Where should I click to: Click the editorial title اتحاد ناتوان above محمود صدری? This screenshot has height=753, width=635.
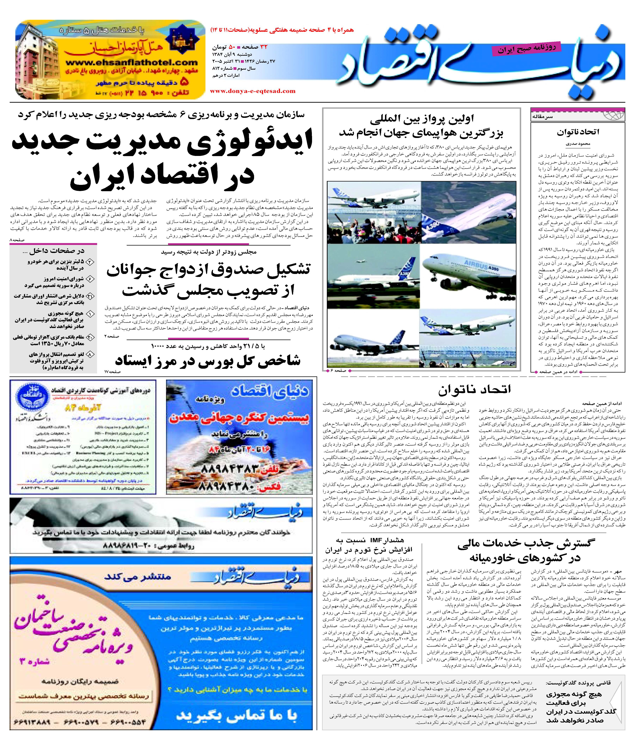578,132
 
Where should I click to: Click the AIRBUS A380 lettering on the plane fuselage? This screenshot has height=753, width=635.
481,265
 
